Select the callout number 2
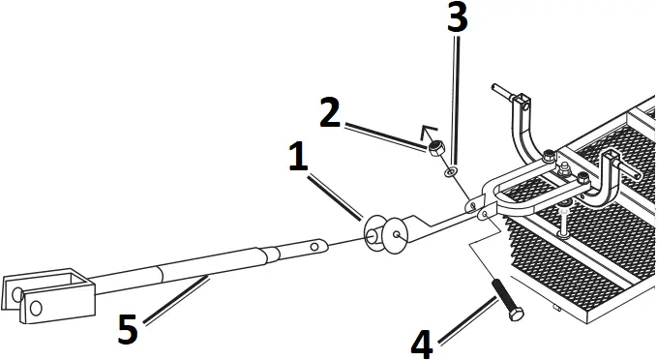click(x=331, y=114)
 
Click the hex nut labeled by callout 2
click(x=436, y=149)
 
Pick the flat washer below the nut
click(x=451, y=172)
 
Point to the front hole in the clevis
click(x=36, y=309)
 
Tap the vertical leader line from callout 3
click(x=454, y=97)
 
